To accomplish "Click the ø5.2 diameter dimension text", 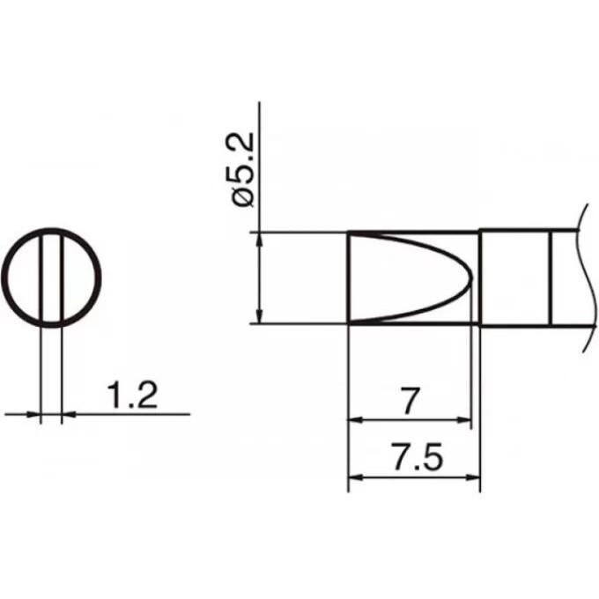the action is pyautogui.click(x=243, y=170).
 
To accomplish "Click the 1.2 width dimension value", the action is pyautogui.click(x=132, y=396).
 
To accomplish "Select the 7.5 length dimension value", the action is pyautogui.click(x=418, y=456).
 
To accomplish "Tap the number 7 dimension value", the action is pyautogui.click(x=410, y=401).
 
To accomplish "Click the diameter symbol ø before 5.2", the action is pyautogui.click(x=243, y=198).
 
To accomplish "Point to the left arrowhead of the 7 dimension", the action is pyautogui.click(x=354, y=420).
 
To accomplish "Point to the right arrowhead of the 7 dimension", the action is pyautogui.click(x=464, y=420).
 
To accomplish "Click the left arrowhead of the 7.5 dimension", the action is pyautogui.click(x=354, y=477).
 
